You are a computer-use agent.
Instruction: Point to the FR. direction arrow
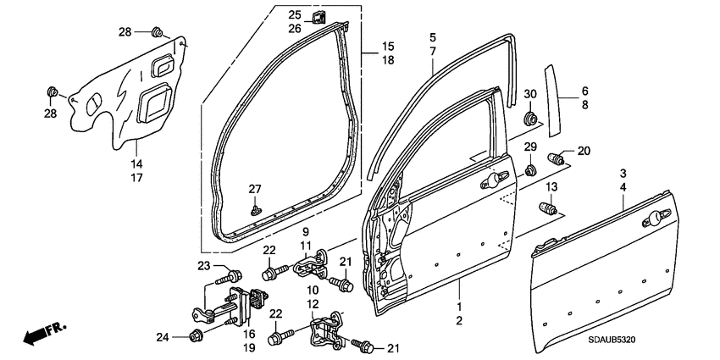tap(39, 333)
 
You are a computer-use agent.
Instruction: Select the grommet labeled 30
tap(530, 116)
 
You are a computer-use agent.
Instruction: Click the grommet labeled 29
tap(529, 171)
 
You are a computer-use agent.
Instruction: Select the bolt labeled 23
tap(230, 275)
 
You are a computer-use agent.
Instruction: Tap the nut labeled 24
tap(194, 335)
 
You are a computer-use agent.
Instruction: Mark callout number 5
tap(432, 38)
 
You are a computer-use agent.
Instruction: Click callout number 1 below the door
tap(460, 306)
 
